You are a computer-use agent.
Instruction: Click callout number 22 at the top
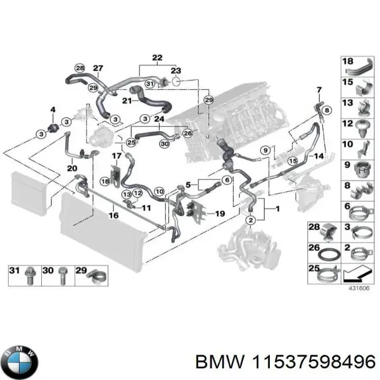click(157, 58)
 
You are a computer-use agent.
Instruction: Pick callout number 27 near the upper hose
click(98, 68)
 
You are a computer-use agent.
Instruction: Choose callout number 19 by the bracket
click(220, 214)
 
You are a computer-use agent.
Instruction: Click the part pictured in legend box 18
click(362, 67)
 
